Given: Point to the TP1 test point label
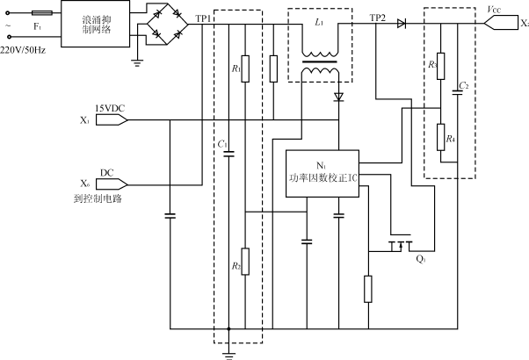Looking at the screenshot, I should (x=203, y=18).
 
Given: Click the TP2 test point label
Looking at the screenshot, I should (x=378, y=18).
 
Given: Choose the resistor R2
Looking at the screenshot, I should (x=247, y=260).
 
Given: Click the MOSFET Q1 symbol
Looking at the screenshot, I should (x=400, y=247).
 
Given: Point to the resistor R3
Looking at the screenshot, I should (x=440, y=65).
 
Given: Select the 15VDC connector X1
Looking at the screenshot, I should (x=110, y=119).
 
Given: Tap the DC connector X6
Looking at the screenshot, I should (x=110, y=184).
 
